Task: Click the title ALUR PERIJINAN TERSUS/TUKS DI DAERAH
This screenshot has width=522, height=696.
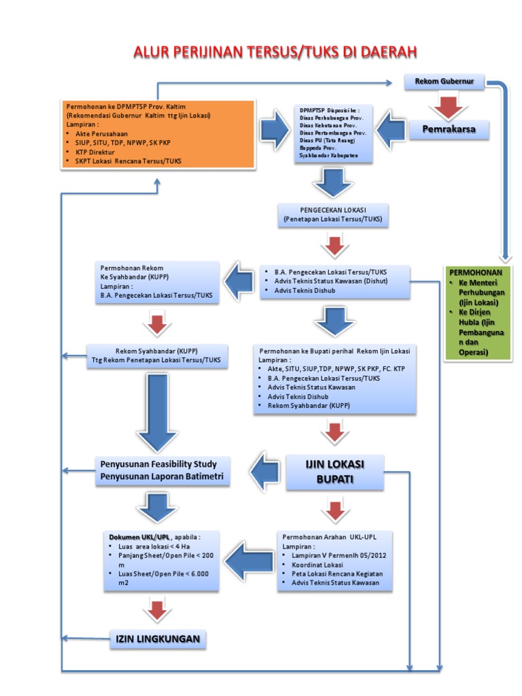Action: (x=275, y=52)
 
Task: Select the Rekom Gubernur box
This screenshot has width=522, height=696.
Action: (x=445, y=82)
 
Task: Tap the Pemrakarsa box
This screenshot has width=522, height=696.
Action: (x=449, y=129)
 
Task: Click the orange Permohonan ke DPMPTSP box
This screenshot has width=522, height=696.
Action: (x=158, y=134)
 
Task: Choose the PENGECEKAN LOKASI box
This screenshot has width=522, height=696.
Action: (x=332, y=214)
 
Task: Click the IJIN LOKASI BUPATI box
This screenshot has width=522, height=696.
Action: (x=334, y=471)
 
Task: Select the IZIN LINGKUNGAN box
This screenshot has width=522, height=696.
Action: (x=158, y=638)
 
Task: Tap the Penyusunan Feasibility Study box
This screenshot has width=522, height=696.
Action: (x=162, y=470)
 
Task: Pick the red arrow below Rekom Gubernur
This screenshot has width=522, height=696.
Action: (x=446, y=105)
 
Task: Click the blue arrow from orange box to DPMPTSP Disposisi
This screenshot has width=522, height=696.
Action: (x=275, y=132)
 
